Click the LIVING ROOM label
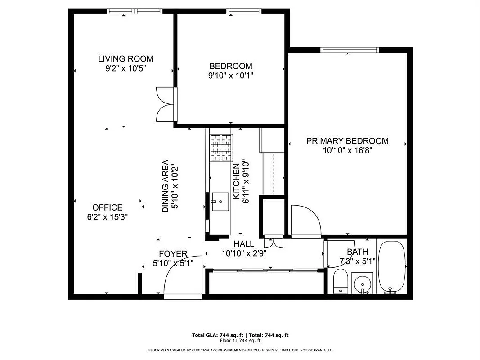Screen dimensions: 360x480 (x=126, y=58)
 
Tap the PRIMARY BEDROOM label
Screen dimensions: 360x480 (x=347, y=141)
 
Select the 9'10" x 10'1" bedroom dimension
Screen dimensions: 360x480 (x=230, y=76)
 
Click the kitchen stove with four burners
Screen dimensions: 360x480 (x=221, y=148)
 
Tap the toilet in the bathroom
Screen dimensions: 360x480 (x=340, y=281)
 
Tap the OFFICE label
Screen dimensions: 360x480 (x=107, y=207)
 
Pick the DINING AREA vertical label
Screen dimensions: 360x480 (x=165, y=186)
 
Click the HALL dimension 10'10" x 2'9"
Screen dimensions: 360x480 (x=244, y=253)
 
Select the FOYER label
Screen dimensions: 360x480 (x=173, y=254)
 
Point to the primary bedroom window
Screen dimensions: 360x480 (x=349, y=50)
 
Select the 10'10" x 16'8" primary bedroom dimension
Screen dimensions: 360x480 (x=347, y=151)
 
